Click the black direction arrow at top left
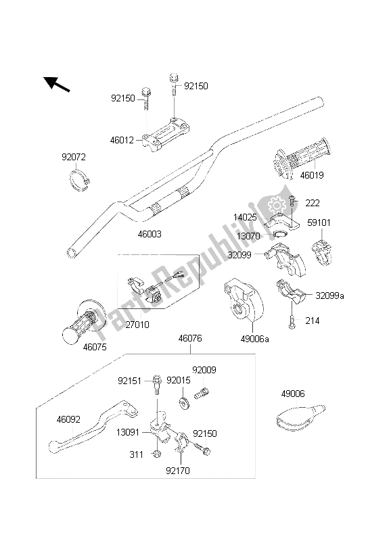57,85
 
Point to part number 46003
149,233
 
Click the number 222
313,203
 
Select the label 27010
137,325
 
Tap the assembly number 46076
190,337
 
